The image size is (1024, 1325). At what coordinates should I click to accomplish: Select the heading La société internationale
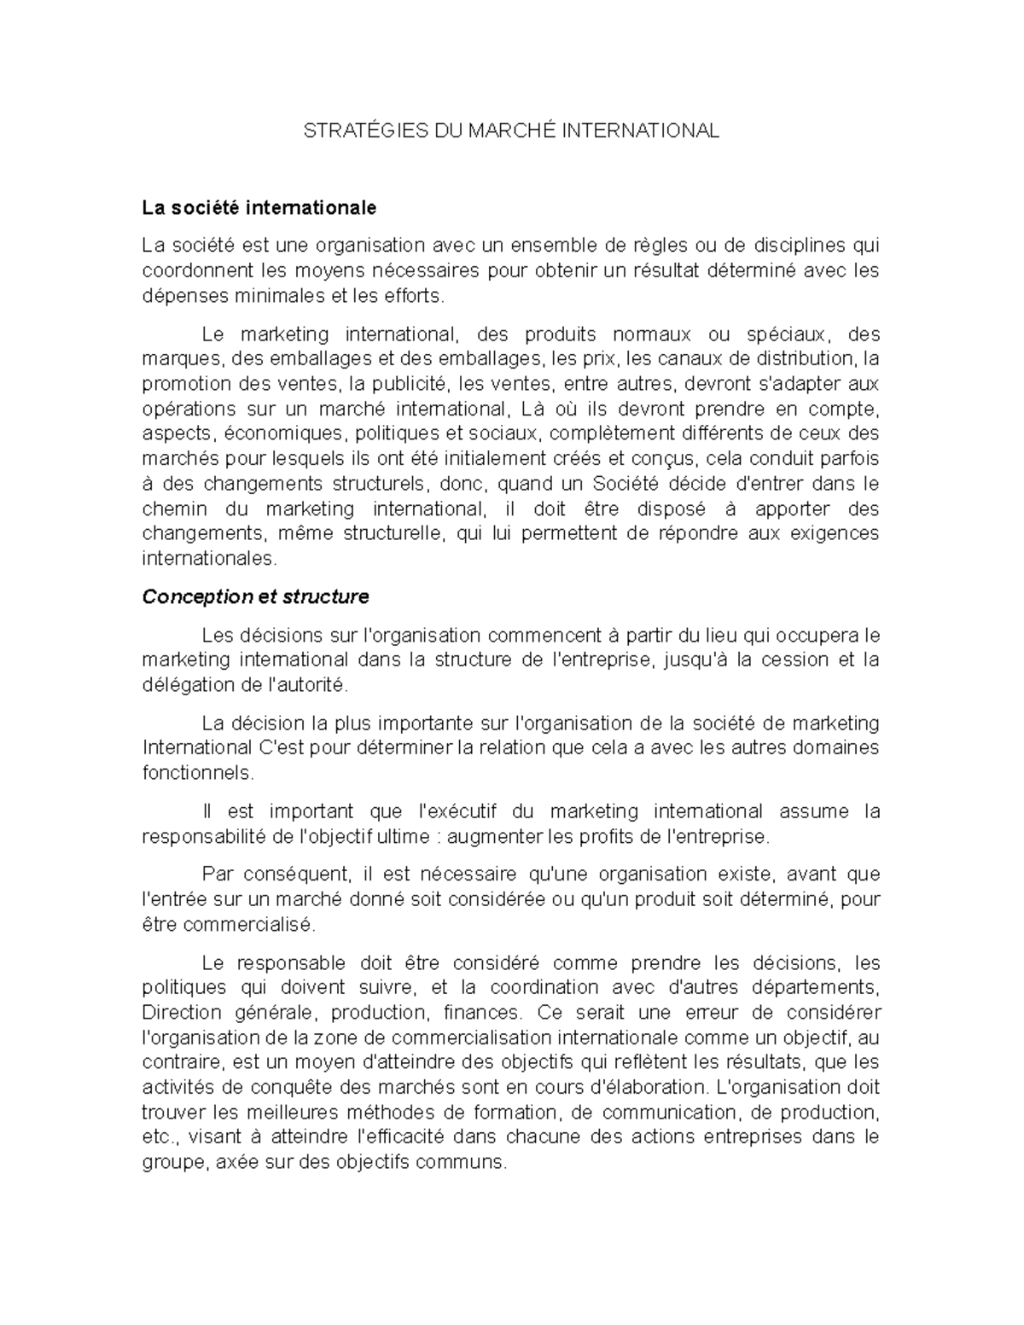(259, 207)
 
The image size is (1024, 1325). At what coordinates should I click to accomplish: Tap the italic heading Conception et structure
(255, 597)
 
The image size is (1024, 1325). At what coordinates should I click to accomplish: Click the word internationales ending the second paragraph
(209, 559)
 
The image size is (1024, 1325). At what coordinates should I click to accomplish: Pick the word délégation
(178, 685)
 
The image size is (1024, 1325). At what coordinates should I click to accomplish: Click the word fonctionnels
(197, 774)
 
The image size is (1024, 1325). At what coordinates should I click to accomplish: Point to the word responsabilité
(204, 837)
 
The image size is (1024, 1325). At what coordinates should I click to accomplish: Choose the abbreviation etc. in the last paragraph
(157, 1138)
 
